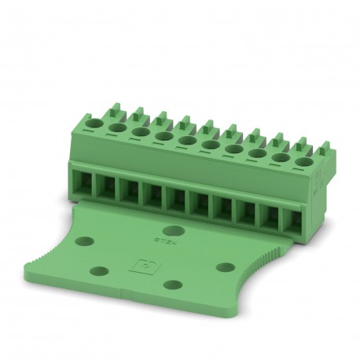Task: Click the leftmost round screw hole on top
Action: tap(94, 123)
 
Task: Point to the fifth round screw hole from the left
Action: tap(187, 141)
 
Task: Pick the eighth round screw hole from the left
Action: tap(255, 155)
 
